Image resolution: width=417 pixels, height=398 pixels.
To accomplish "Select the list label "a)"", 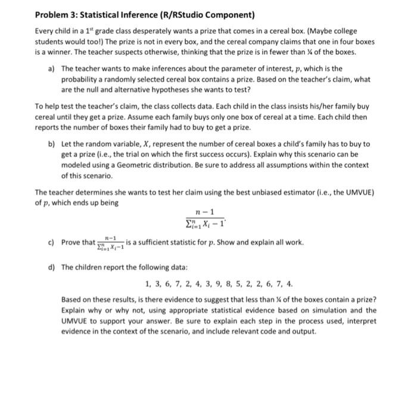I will pyautogui.click(x=52, y=69).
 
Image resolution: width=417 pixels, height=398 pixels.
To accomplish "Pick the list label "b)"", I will pyautogui.click(x=52, y=144).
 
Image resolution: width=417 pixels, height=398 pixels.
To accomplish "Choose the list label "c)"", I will pyautogui.click(x=52, y=242).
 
